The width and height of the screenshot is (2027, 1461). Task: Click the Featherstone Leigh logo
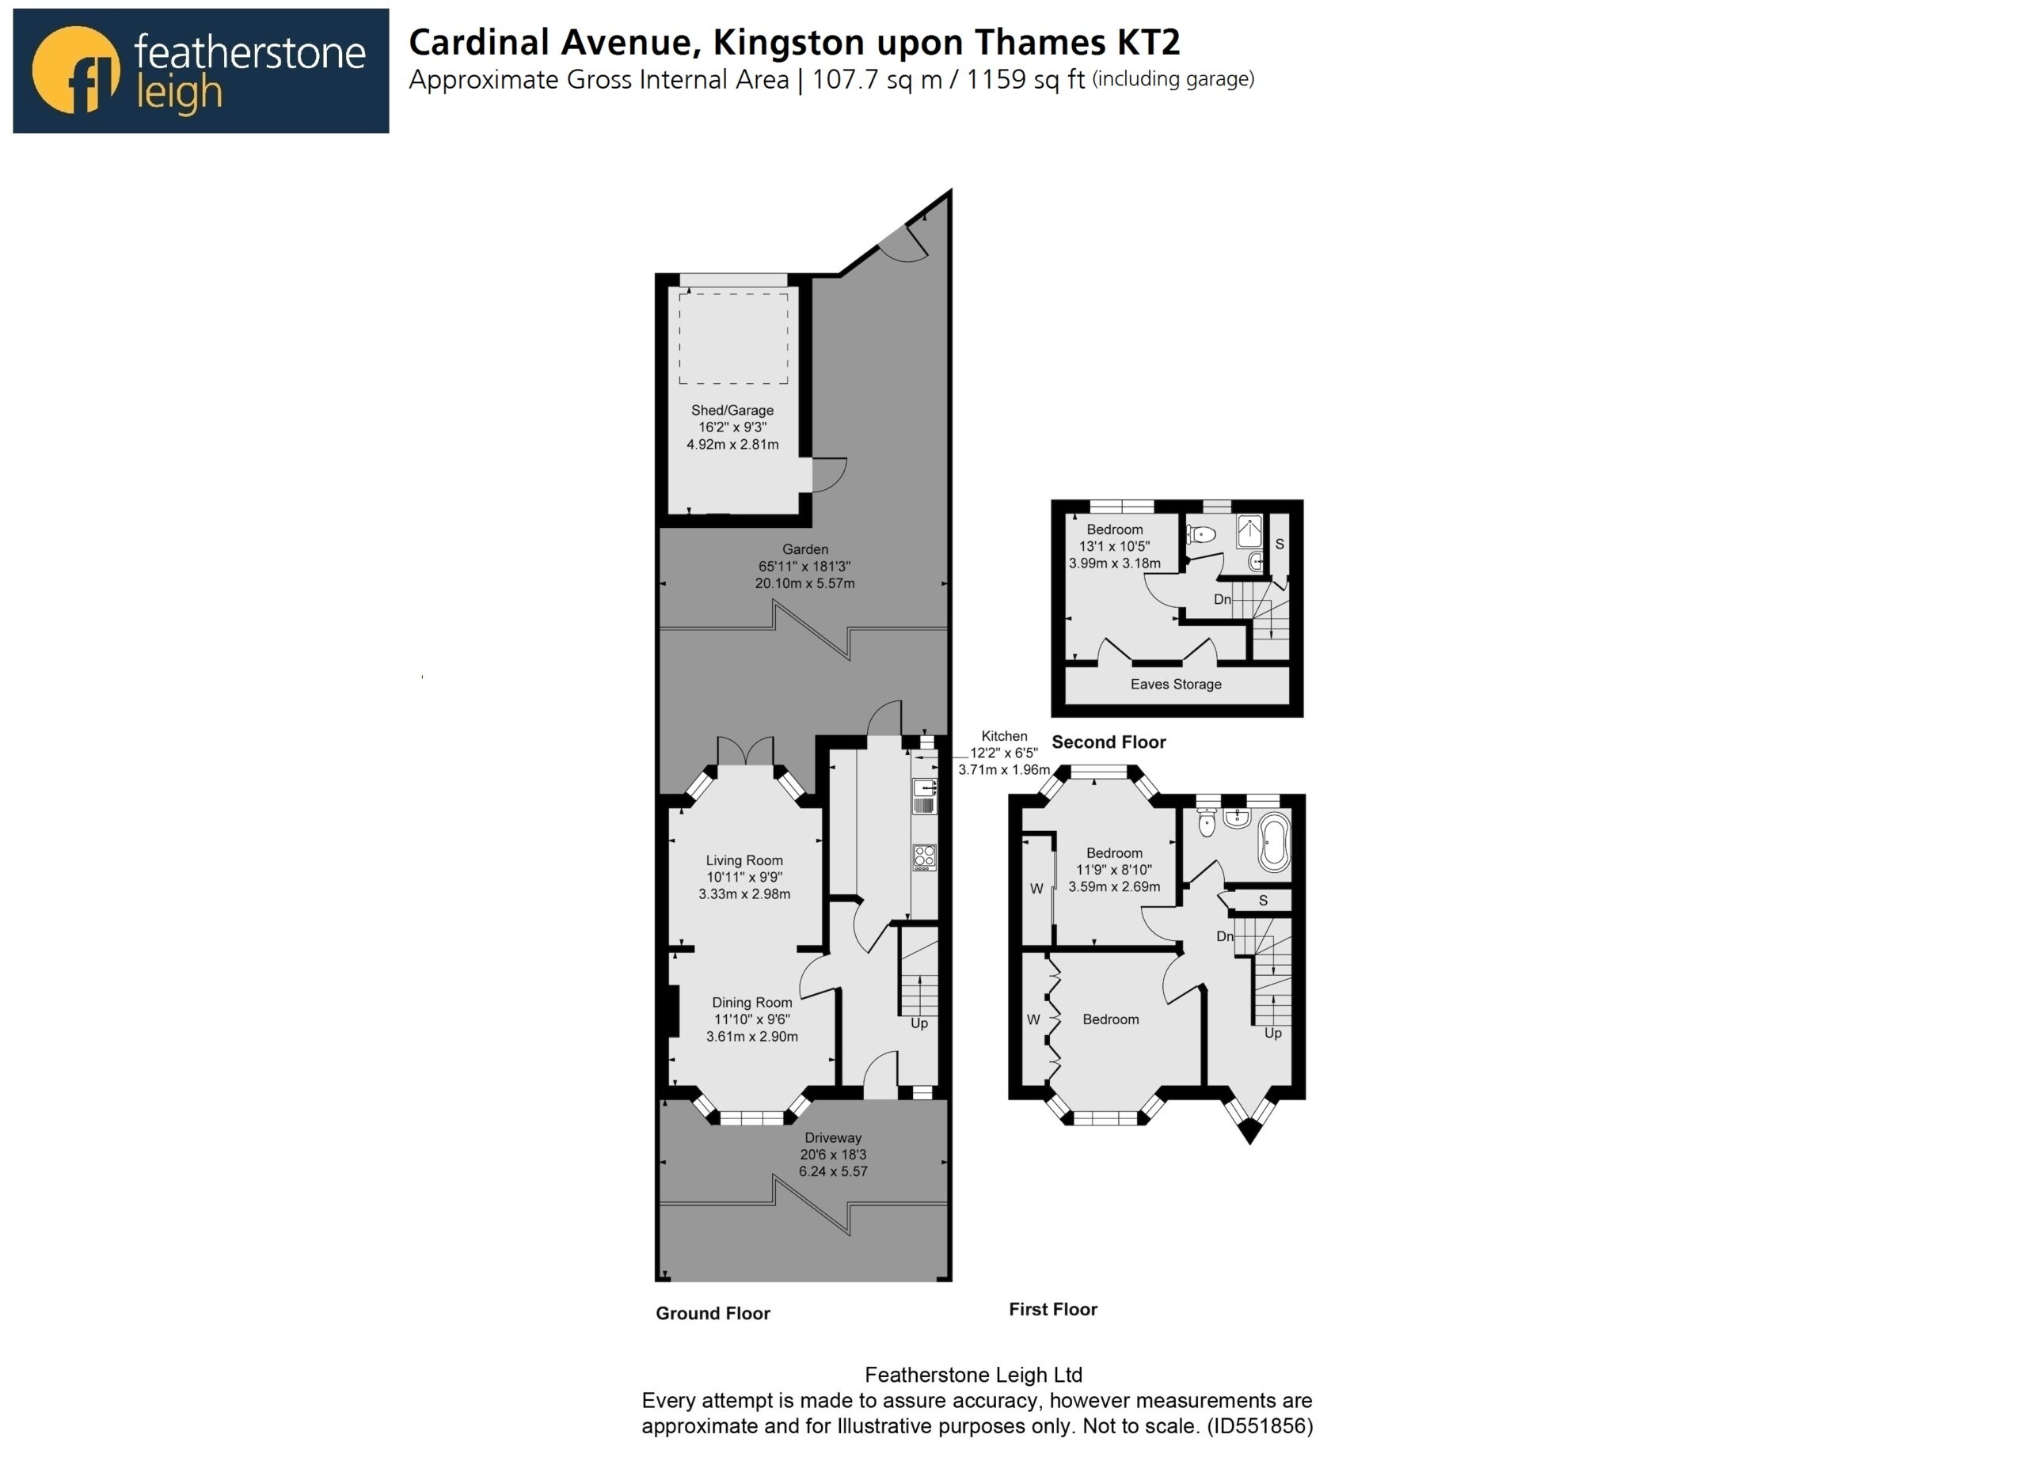201,70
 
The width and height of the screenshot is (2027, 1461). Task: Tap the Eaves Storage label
1175,685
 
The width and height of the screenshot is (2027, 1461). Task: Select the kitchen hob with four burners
924,857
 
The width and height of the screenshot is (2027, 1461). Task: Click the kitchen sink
924,796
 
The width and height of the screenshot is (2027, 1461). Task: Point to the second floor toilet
1202,535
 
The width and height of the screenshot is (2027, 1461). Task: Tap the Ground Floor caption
713,1314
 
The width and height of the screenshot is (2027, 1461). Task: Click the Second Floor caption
1109,742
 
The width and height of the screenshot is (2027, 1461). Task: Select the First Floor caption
1053,1309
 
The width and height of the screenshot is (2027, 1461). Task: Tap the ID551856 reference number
1259,1425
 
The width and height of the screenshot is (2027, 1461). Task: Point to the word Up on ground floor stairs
918,1023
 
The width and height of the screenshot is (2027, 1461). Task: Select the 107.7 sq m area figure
877,79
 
